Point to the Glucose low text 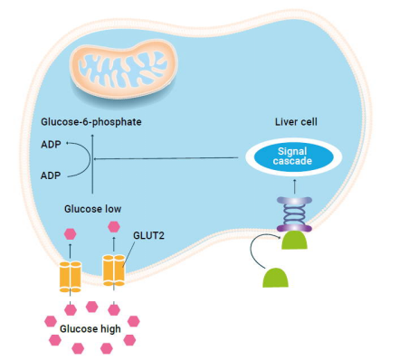click(93, 208)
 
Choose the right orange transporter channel click(114, 270)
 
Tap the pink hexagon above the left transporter click(70, 233)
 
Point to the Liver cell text click(299, 121)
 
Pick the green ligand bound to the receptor click(294, 240)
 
